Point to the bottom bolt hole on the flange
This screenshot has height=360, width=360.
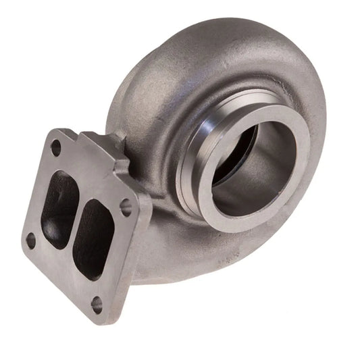coord(97,305)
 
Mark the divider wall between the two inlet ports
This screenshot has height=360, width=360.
coord(76,216)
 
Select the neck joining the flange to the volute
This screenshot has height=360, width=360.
coord(152,189)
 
